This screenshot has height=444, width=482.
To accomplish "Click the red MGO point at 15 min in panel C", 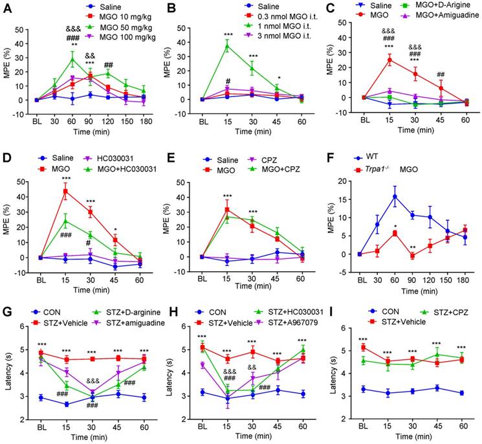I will point(390,60).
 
